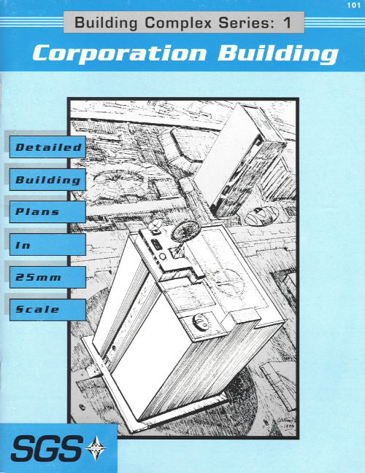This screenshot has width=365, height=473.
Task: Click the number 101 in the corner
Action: [353, 5]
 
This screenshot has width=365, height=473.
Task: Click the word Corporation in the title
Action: [119, 53]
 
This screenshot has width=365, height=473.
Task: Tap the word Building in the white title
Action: [277, 54]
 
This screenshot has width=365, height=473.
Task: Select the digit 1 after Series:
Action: [288, 23]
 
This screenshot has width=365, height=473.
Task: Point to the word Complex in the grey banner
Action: [178, 23]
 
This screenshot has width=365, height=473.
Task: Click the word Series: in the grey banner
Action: [247, 23]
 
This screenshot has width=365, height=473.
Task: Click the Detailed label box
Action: [47, 147]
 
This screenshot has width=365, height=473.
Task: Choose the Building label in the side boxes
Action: [47, 180]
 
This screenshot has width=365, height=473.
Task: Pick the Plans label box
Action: [47, 212]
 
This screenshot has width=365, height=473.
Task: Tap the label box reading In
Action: [47, 245]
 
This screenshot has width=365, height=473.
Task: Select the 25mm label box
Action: [47, 277]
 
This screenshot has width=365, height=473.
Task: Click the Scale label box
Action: [47, 310]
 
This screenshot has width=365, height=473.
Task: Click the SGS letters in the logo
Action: [46, 449]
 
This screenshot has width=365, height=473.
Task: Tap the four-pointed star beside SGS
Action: [96, 448]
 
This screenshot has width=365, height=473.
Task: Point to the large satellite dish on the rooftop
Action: [185, 231]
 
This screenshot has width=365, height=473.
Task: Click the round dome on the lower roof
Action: [200, 322]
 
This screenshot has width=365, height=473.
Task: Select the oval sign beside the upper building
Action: [262, 216]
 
